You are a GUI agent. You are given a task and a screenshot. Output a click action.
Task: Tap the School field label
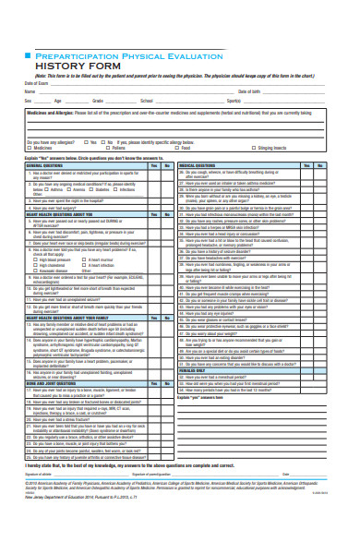146,100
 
